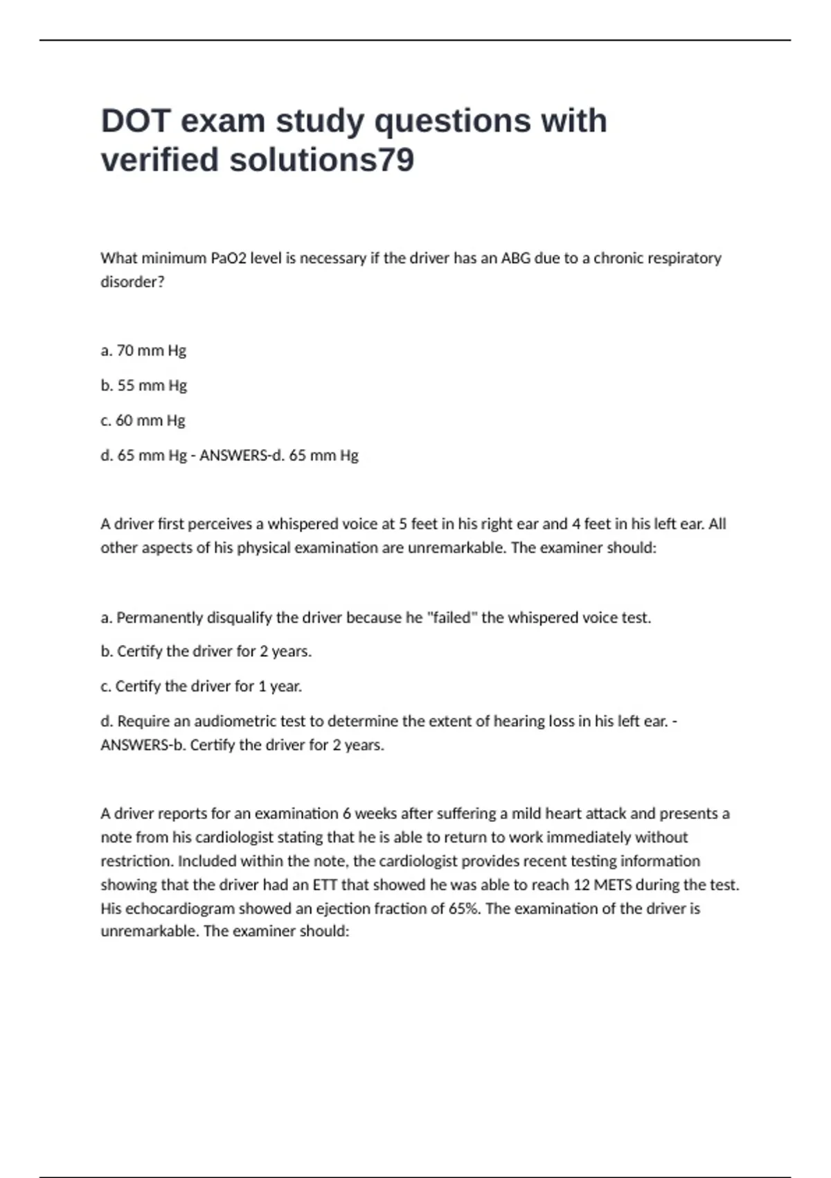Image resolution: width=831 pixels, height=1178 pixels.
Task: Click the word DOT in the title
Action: point(136,121)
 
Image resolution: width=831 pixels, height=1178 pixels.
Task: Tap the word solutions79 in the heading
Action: point(321,160)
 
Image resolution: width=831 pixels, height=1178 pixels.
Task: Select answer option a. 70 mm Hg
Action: point(143,351)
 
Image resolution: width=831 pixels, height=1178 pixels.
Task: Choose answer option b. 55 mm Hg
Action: point(143,385)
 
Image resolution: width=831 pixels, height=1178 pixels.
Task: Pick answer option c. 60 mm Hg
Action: point(143,421)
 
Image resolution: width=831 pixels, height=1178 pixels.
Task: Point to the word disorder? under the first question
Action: point(132,282)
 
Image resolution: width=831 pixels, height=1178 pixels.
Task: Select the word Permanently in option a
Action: point(159,617)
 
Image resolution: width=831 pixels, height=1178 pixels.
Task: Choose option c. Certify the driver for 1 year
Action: point(202,687)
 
